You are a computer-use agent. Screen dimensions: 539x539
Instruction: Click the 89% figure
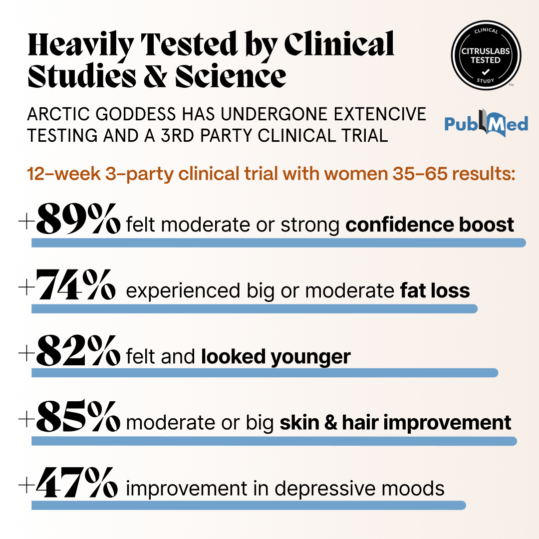79,219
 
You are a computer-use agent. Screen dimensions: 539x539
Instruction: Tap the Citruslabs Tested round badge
486,54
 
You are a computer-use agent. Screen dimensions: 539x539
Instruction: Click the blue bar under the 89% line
278,243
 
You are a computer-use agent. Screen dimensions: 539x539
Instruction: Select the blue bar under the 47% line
248,505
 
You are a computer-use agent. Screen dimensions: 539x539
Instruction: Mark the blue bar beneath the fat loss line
254,309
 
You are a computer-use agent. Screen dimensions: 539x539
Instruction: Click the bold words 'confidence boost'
430,225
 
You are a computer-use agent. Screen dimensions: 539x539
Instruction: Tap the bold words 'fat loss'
435,290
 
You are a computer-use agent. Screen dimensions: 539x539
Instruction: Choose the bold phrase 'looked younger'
276,356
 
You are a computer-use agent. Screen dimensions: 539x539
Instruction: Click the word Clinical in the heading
339,44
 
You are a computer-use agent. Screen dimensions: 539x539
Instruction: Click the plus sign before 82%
25,354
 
